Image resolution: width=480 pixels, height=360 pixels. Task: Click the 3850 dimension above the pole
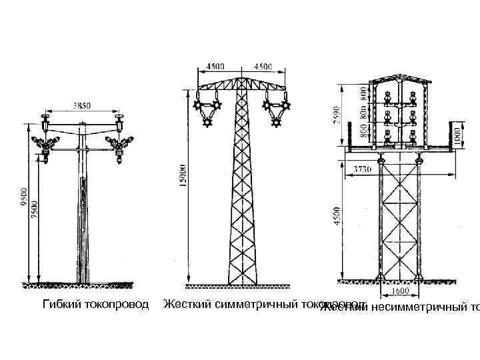(81, 105)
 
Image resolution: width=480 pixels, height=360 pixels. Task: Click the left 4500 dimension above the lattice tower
(215, 66)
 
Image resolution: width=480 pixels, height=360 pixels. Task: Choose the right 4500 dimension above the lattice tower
(261, 66)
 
